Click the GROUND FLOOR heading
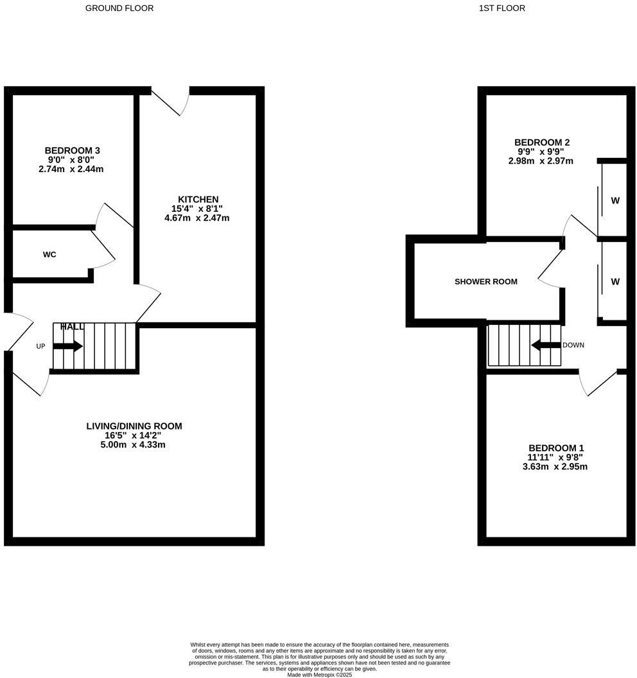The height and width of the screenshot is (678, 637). pyautogui.click(x=119, y=8)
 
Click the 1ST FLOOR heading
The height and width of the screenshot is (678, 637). pyautogui.click(x=502, y=8)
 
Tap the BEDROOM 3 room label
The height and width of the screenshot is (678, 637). pyautogui.click(x=72, y=150)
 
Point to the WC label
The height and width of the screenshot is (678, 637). pyautogui.click(x=49, y=254)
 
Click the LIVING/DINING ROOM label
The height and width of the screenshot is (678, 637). pyautogui.click(x=134, y=426)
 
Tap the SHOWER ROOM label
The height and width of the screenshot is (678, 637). pyautogui.click(x=485, y=281)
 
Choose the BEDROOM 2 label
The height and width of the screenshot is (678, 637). pyautogui.click(x=542, y=143)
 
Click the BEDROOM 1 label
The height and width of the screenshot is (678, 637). pyautogui.click(x=556, y=448)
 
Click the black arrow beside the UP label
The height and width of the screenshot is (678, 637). pyautogui.click(x=67, y=346)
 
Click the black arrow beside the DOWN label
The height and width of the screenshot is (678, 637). pyautogui.click(x=546, y=345)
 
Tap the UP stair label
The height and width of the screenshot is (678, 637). pyautogui.click(x=40, y=347)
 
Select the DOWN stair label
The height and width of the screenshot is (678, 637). pyautogui.click(x=573, y=345)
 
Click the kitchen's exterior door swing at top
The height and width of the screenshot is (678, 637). pyautogui.click(x=175, y=103)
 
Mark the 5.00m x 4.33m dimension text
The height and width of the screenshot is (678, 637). pyautogui.click(x=134, y=444)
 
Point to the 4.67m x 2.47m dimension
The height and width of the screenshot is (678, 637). pyautogui.click(x=197, y=218)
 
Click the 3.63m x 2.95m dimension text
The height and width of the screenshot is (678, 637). pyautogui.click(x=557, y=466)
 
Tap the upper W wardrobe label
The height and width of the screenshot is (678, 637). pyautogui.click(x=615, y=200)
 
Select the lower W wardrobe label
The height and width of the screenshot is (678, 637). pyautogui.click(x=615, y=281)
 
